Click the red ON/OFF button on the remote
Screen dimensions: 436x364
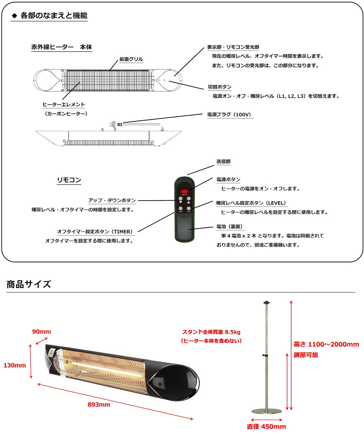(x=185, y=191)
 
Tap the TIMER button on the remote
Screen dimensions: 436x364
(x=181, y=209)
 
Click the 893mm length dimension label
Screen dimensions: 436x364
(x=99, y=404)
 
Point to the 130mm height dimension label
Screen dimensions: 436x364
(x=15, y=365)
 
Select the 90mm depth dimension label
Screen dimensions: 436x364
(x=41, y=331)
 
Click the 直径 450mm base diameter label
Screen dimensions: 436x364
(x=266, y=427)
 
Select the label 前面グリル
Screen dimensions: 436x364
(x=131, y=59)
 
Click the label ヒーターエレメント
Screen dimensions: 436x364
(x=64, y=105)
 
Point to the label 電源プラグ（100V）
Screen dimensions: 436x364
(x=229, y=114)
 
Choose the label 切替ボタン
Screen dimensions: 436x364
(x=219, y=87)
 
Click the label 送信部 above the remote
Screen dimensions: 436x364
(x=223, y=161)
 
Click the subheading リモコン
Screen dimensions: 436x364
(x=69, y=180)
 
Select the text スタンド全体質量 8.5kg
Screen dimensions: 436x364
(x=211, y=332)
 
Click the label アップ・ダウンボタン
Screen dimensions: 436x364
(x=112, y=200)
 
